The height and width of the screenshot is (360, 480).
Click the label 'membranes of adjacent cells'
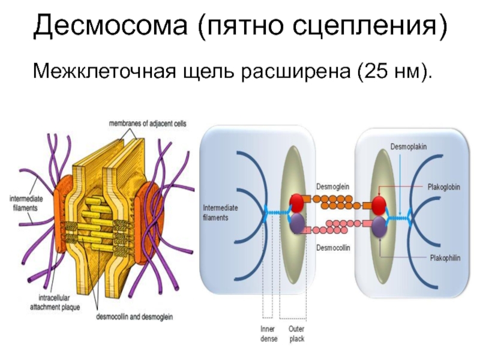point(147,124)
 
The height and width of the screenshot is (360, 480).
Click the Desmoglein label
point(332,187)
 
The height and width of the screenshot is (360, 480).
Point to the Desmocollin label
point(333,247)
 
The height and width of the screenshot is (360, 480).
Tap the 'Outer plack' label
point(296,334)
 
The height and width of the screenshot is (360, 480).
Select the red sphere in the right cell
point(378,205)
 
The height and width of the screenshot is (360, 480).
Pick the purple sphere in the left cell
point(297,225)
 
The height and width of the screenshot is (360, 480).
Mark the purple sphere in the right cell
point(378,227)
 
